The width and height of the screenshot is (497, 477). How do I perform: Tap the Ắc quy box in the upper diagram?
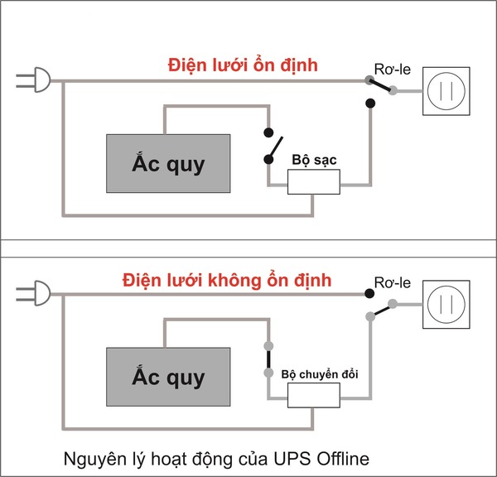pyautogui.click(x=168, y=162)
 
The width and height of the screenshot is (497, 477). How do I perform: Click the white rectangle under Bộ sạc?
pyautogui.click(x=313, y=183)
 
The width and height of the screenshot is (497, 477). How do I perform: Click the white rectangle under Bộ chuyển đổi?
pyautogui.click(x=313, y=397)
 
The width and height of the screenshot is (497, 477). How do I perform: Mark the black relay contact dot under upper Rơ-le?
pyautogui.click(x=371, y=104)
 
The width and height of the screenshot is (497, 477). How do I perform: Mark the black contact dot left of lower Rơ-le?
pyautogui.click(x=369, y=293)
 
